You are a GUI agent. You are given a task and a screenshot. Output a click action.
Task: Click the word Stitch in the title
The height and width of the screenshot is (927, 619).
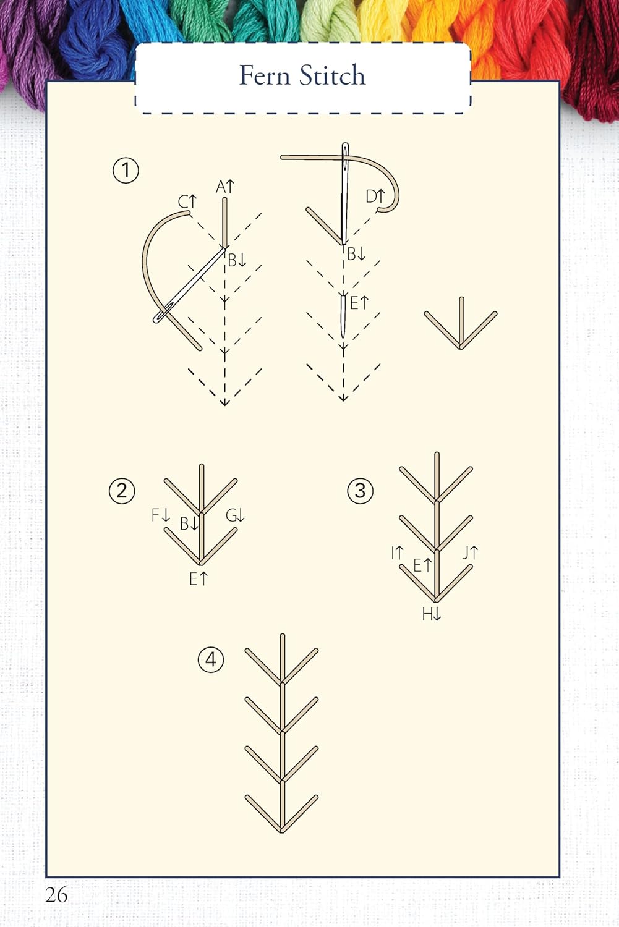pos(333,75)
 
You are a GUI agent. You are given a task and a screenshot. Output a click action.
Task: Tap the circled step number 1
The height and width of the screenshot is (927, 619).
pos(126,170)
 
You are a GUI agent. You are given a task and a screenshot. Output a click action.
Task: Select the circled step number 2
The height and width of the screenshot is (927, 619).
pos(122,491)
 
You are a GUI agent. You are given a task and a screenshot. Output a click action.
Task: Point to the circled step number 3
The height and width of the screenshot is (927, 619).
pos(361,491)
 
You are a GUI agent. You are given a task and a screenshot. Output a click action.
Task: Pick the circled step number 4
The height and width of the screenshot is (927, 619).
pos(211,660)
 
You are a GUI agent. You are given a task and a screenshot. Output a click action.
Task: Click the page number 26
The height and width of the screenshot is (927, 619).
pos(56,894)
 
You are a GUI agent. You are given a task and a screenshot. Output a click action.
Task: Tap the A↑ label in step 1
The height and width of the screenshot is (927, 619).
pos(225,187)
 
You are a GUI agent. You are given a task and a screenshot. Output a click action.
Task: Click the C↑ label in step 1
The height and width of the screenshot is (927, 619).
pos(187,202)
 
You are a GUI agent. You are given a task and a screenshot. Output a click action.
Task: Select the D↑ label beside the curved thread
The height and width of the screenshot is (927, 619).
pos(375,197)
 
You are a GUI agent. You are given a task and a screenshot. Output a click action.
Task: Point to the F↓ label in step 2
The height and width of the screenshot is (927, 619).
pos(161,515)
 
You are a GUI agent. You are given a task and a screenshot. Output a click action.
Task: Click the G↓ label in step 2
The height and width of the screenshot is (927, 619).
pos(235,515)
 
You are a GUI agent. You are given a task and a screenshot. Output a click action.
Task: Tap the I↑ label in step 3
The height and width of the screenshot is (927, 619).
pos(397,552)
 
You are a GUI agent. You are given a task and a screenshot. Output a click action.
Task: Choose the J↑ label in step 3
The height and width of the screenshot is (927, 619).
pos(470,552)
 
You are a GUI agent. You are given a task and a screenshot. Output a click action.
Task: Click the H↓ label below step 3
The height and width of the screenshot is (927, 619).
pos(432,614)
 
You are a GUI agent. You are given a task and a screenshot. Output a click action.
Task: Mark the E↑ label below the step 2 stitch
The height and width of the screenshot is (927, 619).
pos(199,579)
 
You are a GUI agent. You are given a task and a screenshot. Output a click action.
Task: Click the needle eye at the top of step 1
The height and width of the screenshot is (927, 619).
pos(345,151)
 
